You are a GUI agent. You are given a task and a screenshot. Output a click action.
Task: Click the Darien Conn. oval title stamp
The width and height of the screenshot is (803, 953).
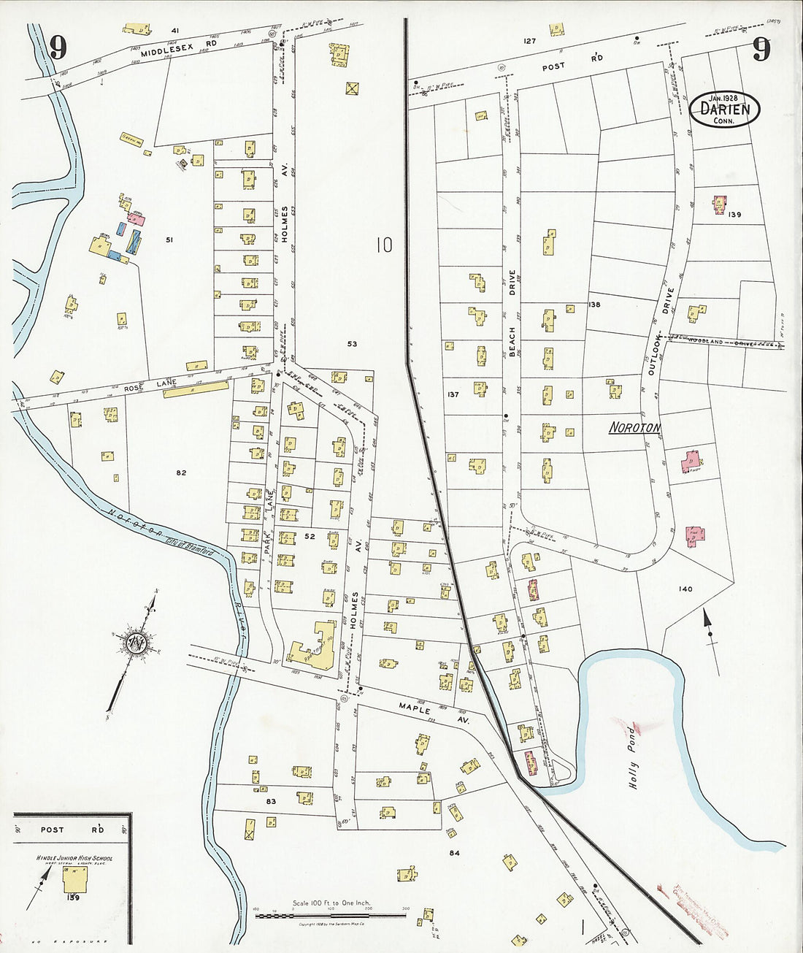pos(724,110)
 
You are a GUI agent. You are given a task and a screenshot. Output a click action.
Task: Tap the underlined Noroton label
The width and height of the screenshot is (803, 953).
pos(634,428)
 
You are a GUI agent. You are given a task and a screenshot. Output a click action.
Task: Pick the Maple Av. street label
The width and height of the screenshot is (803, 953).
pos(432,713)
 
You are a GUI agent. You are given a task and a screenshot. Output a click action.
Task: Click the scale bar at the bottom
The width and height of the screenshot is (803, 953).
pos(331,914)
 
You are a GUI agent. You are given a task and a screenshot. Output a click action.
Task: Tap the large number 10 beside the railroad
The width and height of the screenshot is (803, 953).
pos(384,245)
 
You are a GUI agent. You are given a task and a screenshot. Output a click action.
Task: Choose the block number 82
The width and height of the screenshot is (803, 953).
pos(181,472)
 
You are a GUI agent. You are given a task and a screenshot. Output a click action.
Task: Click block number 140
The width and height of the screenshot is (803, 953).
pos(685,589)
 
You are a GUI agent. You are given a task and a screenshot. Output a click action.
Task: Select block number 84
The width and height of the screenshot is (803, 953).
pos(454,852)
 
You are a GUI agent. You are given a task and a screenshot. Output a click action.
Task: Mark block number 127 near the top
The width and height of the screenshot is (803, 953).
pos(529,41)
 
